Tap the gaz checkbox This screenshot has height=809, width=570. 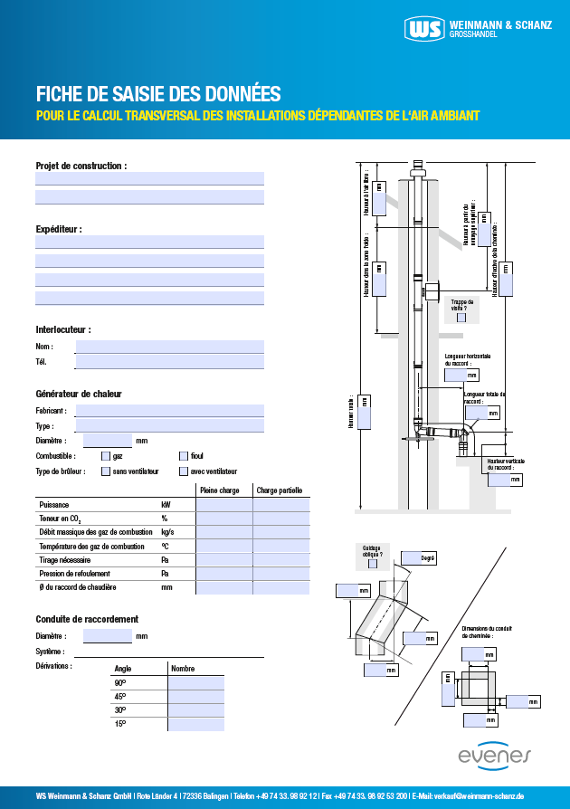[106, 456]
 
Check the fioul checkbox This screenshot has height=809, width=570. [184, 456]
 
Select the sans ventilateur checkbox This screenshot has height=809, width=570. [106, 471]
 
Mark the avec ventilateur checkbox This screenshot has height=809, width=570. [184, 471]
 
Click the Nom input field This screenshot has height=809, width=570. [169, 347]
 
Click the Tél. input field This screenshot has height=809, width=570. [169, 362]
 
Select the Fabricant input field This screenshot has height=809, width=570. [169, 411]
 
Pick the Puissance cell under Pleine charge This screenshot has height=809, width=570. [224, 505]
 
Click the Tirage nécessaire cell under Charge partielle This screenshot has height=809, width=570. [280, 560]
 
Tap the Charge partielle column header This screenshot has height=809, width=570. [280, 490]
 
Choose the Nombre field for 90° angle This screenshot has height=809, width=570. [196, 682]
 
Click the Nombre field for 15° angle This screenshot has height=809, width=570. [196, 725]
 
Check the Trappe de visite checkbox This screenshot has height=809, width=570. [461, 318]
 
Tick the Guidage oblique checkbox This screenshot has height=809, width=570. [373, 564]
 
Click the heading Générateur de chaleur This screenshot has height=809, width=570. [79, 395]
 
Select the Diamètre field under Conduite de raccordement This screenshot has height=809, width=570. [108, 636]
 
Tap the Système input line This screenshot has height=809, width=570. [169, 651]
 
